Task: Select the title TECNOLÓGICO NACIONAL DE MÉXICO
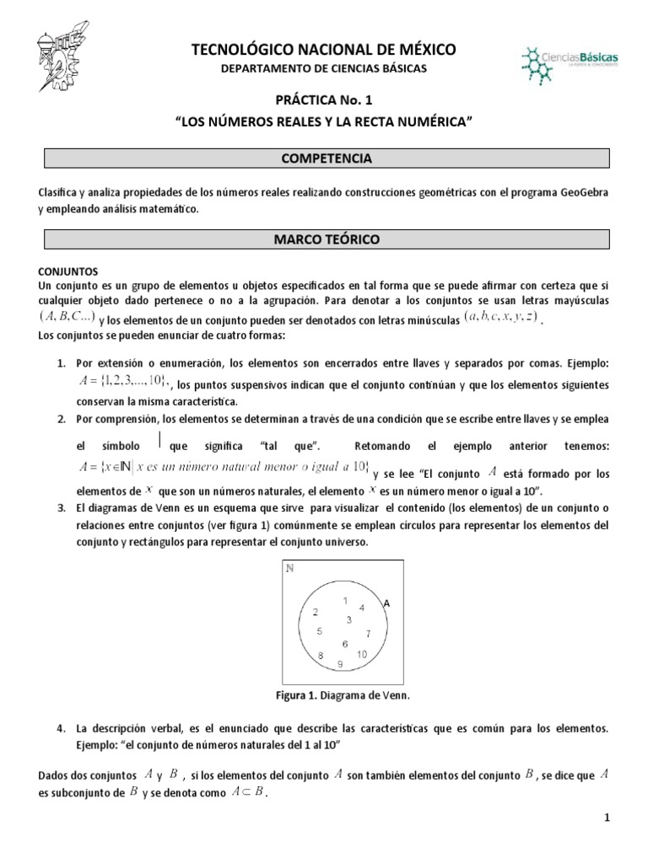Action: [x=324, y=51]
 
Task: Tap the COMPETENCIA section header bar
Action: [x=324, y=158]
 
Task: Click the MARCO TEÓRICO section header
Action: [x=324, y=240]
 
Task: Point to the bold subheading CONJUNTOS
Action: [x=69, y=271]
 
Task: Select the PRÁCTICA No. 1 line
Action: [x=324, y=101]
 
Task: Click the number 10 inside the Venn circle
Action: [x=362, y=654]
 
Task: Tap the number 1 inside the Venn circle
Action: [x=344, y=600]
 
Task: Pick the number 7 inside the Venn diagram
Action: [x=368, y=632]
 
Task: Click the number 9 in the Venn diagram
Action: [x=339, y=664]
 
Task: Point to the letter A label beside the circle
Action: [x=386, y=603]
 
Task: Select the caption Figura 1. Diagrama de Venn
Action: [x=324, y=696]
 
